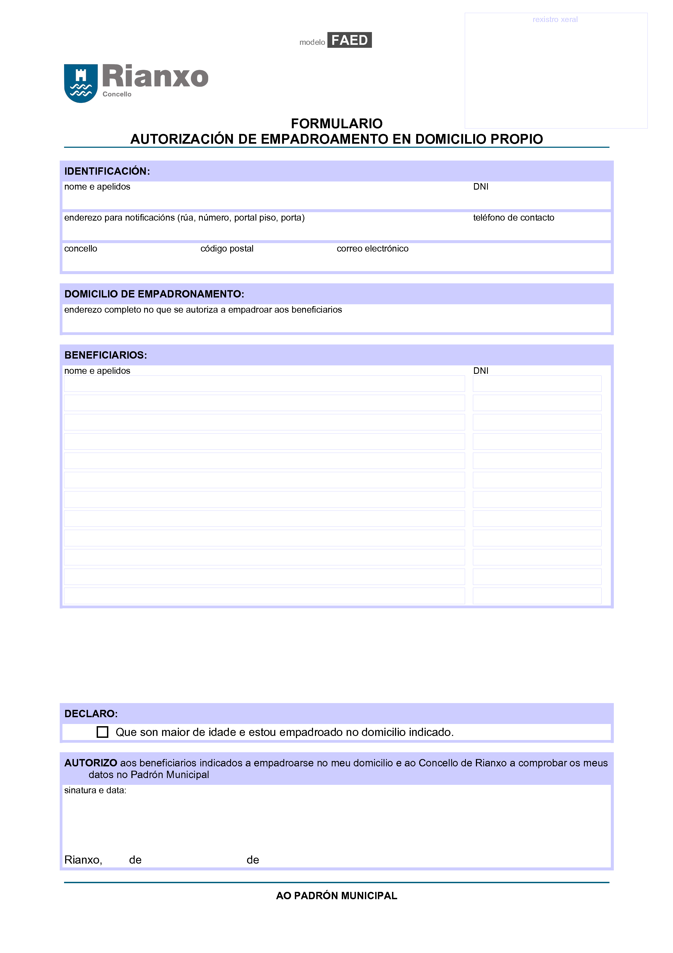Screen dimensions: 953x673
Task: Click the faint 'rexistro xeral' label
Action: pyautogui.click(x=555, y=20)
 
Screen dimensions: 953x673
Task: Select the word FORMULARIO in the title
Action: pyautogui.click(x=336, y=124)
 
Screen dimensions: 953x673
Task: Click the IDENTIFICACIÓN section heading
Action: pyautogui.click(x=107, y=171)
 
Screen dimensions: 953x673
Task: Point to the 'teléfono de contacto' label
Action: pyautogui.click(x=513, y=218)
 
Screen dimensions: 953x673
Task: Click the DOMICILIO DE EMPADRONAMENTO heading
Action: pyautogui.click(x=154, y=294)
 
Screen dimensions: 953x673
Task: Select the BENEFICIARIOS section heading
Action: pyautogui.click(x=106, y=355)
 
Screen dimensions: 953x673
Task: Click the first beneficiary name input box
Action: pyautogui.click(x=264, y=384)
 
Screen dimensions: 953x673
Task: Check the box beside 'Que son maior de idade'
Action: pyautogui.click(x=102, y=732)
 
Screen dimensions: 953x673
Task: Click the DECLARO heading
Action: pyautogui.click(x=91, y=714)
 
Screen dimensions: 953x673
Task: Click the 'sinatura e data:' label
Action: pyautogui.click(x=95, y=790)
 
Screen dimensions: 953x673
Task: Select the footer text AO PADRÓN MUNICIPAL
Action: pyautogui.click(x=336, y=896)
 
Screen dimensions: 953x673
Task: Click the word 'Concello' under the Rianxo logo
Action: pyautogui.click(x=117, y=94)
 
